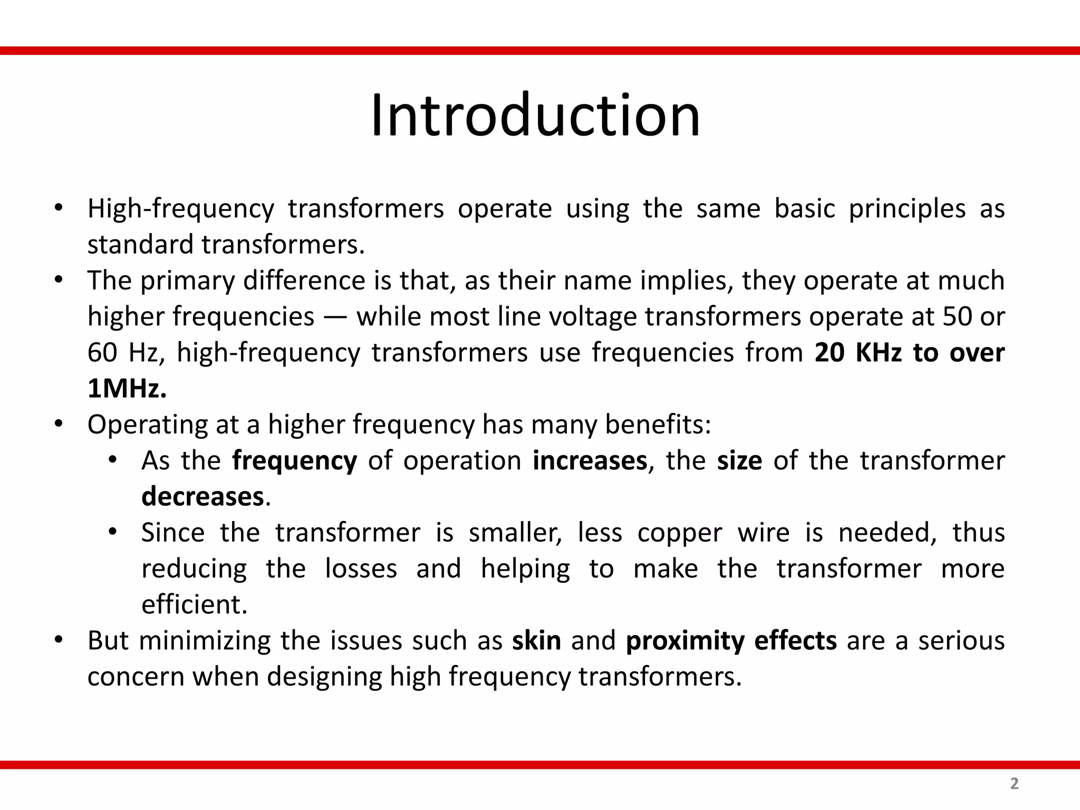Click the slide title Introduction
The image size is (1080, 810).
[x=535, y=115]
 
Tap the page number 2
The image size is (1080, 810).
[x=1014, y=784]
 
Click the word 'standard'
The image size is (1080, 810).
[x=140, y=245]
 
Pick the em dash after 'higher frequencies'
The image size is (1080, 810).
[x=335, y=317]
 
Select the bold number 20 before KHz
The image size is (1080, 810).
[x=830, y=353]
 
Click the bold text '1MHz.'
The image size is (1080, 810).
[x=127, y=389]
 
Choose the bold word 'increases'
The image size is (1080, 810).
[x=590, y=461]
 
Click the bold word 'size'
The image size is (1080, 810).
[x=739, y=461]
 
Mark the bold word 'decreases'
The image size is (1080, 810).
[x=202, y=497]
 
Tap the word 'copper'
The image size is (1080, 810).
[x=679, y=533]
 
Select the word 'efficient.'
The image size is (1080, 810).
[x=194, y=605]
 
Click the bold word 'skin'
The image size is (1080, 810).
[x=536, y=641]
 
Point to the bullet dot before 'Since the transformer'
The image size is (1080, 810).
[x=112, y=532]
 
